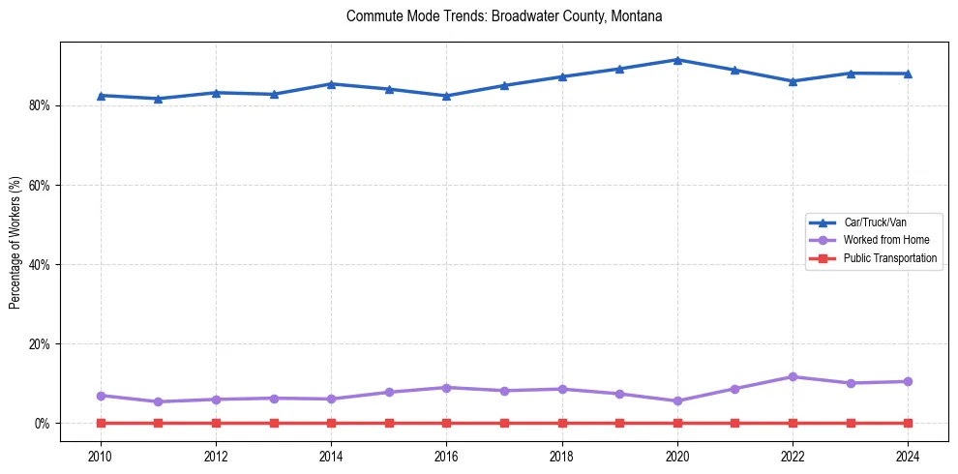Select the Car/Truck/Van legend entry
click(875, 222)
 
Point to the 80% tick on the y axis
click(42, 105)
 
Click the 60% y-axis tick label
click(42, 185)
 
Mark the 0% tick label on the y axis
click(45, 424)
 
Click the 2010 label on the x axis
click(101, 456)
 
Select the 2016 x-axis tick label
click(446, 456)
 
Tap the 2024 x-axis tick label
click(908, 456)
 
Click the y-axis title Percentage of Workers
click(15, 242)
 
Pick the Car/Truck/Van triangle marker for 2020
click(677, 60)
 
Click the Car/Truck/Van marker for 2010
click(101, 96)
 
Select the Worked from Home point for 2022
click(793, 376)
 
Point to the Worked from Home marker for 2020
click(677, 400)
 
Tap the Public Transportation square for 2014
click(331, 423)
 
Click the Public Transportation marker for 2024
click(908, 423)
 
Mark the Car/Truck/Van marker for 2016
click(446, 96)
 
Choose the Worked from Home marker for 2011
click(158, 401)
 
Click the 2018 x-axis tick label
click(562, 456)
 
